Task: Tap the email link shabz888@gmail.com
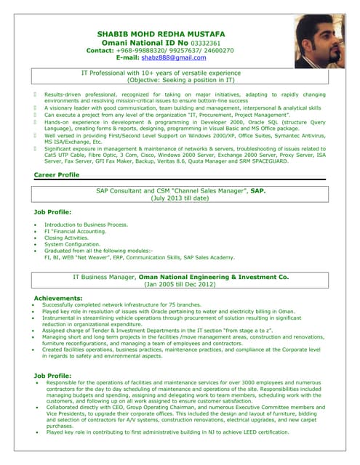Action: [173, 58]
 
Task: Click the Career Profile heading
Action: [57, 176]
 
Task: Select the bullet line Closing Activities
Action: [66, 238]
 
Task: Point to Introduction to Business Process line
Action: [86, 225]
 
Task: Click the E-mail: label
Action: [123, 58]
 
